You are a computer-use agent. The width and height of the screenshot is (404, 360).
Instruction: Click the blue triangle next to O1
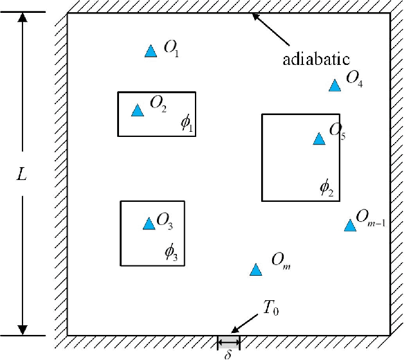pyautogui.click(x=151, y=51)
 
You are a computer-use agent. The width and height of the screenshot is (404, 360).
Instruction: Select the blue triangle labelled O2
pyautogui.click(x=137, y=111)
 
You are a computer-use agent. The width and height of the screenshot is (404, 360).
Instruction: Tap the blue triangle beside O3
pyautogui.click(x=149, y=223)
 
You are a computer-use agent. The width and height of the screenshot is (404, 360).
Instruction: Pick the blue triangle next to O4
pyautogui.click(x=335, y=85)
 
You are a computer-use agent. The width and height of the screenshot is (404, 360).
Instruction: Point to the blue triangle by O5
pyautogui.click(x=318, y=139)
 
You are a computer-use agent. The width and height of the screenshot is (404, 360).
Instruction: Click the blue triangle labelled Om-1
pyautogui.click(x=349, y=225)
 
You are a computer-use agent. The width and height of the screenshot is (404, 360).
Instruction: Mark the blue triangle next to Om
pyautogui.click(x=255, y=270)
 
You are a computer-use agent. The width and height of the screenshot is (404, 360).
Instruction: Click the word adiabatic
pyautogui.click(x=316, y=60)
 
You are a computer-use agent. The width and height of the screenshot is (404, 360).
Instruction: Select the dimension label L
pyautogui.click(x=21, y=174)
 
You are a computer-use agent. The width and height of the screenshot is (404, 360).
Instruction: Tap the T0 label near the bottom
pyautogui.click(x=270, y=308)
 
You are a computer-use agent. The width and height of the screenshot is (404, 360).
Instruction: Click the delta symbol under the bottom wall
pyautogui.click(x=228, y=353)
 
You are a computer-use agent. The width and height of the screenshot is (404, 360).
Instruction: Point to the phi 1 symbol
pyautogui.click(x=187, y=123)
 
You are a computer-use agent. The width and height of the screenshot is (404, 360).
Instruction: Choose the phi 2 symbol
pyautogui.click(x=326, y=188)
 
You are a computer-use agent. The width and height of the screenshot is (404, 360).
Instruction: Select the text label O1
pyautogui.click(x=171, y=49)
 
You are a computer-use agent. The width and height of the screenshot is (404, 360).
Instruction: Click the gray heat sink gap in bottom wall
pyautogui.click(x=228, y=340)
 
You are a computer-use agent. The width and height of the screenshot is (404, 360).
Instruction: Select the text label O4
pyautogui.click(x=354, y=79)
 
